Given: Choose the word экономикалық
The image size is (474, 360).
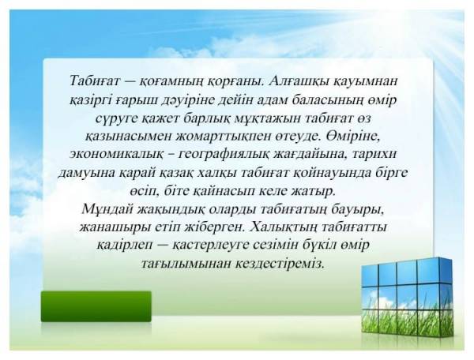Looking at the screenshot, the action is point(120,155).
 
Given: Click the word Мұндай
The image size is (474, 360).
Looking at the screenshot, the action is point(107,210).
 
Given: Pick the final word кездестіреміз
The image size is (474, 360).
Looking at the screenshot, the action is point(280,264).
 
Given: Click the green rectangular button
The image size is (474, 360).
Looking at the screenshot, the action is point(96,306).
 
